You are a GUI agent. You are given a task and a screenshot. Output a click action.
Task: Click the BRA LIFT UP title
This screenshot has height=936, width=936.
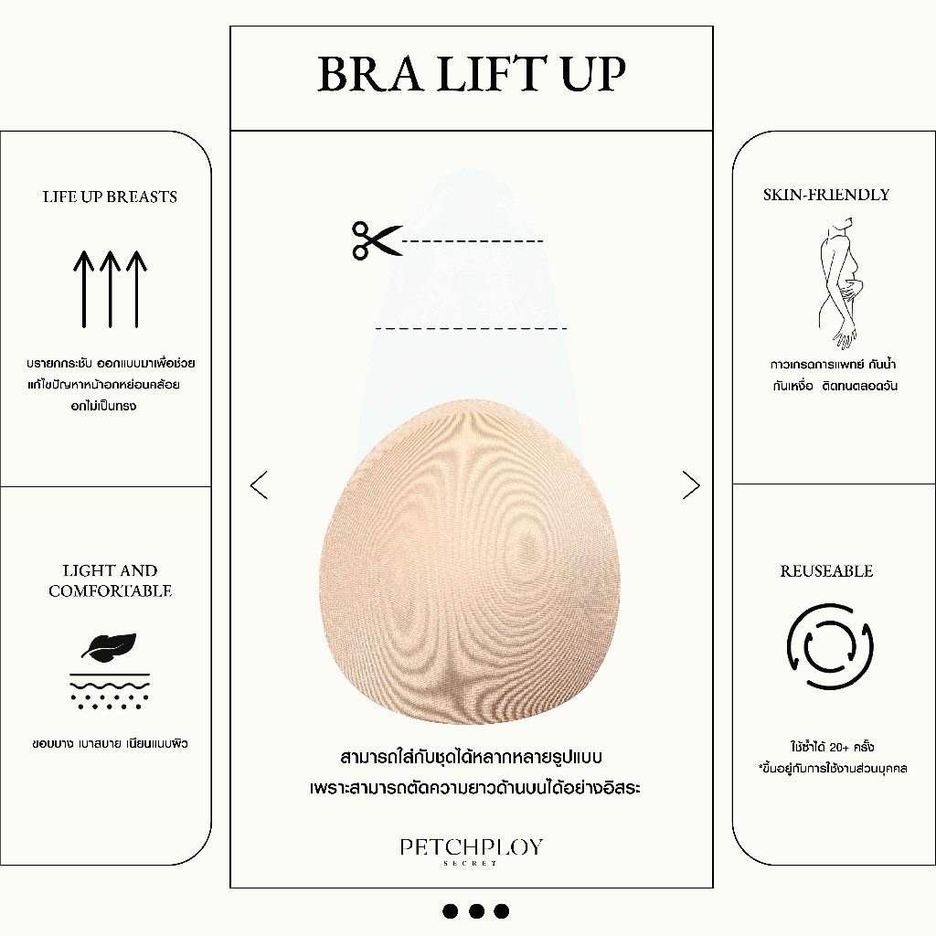click(471, 75)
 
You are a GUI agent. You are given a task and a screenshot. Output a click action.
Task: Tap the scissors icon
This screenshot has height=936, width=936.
click(376, 240)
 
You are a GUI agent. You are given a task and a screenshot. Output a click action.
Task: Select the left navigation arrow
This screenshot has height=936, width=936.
click(259, 484)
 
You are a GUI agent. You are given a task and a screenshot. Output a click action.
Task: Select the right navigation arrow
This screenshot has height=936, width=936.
click(691, 484)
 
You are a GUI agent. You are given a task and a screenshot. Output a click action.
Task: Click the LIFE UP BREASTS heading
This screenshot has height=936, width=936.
click(110, 197)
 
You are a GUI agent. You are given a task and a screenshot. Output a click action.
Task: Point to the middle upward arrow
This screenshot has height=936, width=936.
click(110, 288)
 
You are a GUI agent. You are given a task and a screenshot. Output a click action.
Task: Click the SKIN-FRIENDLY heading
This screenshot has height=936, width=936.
click(826, 195)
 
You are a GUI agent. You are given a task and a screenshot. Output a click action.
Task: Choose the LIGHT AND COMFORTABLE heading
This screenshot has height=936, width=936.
click(110, 580)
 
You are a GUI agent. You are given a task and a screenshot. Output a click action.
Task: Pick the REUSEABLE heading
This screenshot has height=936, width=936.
click(826, 571)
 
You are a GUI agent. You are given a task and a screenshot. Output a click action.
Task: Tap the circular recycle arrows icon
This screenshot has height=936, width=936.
click(829, 647)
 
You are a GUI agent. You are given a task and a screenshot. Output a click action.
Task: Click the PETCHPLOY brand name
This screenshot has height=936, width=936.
click(471, 847)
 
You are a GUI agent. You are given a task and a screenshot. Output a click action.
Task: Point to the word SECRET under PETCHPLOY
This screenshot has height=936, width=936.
click(471, 863)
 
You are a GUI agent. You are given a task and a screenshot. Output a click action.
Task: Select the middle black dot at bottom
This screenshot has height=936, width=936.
click(475, 910)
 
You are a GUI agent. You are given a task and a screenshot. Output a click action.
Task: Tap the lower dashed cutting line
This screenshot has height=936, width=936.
click(471, 327)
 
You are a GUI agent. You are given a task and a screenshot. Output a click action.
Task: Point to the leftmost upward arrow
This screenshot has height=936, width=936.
click(83, 288)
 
